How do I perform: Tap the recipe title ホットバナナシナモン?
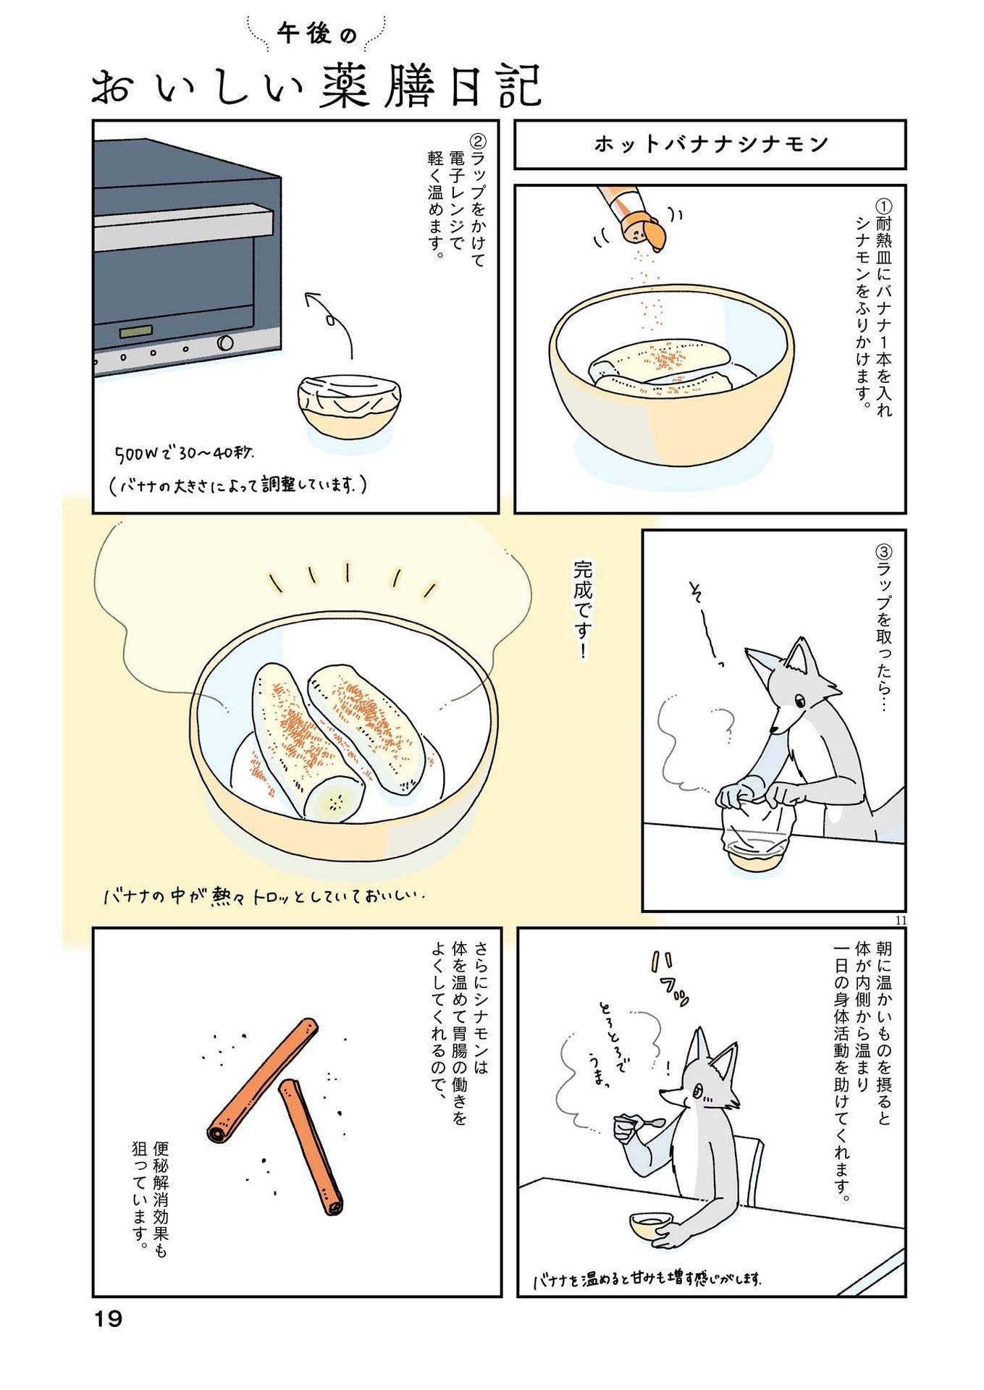click(x=710, y=144)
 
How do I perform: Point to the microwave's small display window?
click(x=137, y=332)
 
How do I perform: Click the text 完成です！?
click(x=581, y=609)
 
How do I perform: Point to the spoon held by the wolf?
click(x=652, y=1123)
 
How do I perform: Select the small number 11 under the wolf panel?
click(x=900, y=920)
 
